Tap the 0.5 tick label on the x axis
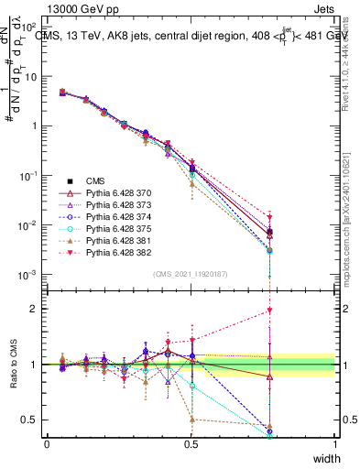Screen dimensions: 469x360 click(191, 444)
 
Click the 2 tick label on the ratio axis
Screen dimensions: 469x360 click(33, 309)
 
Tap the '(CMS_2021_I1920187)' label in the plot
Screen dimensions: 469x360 click(191, 272)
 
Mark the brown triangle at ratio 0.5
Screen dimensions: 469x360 click(191, 420)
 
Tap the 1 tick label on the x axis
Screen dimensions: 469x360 click(335, 444)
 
